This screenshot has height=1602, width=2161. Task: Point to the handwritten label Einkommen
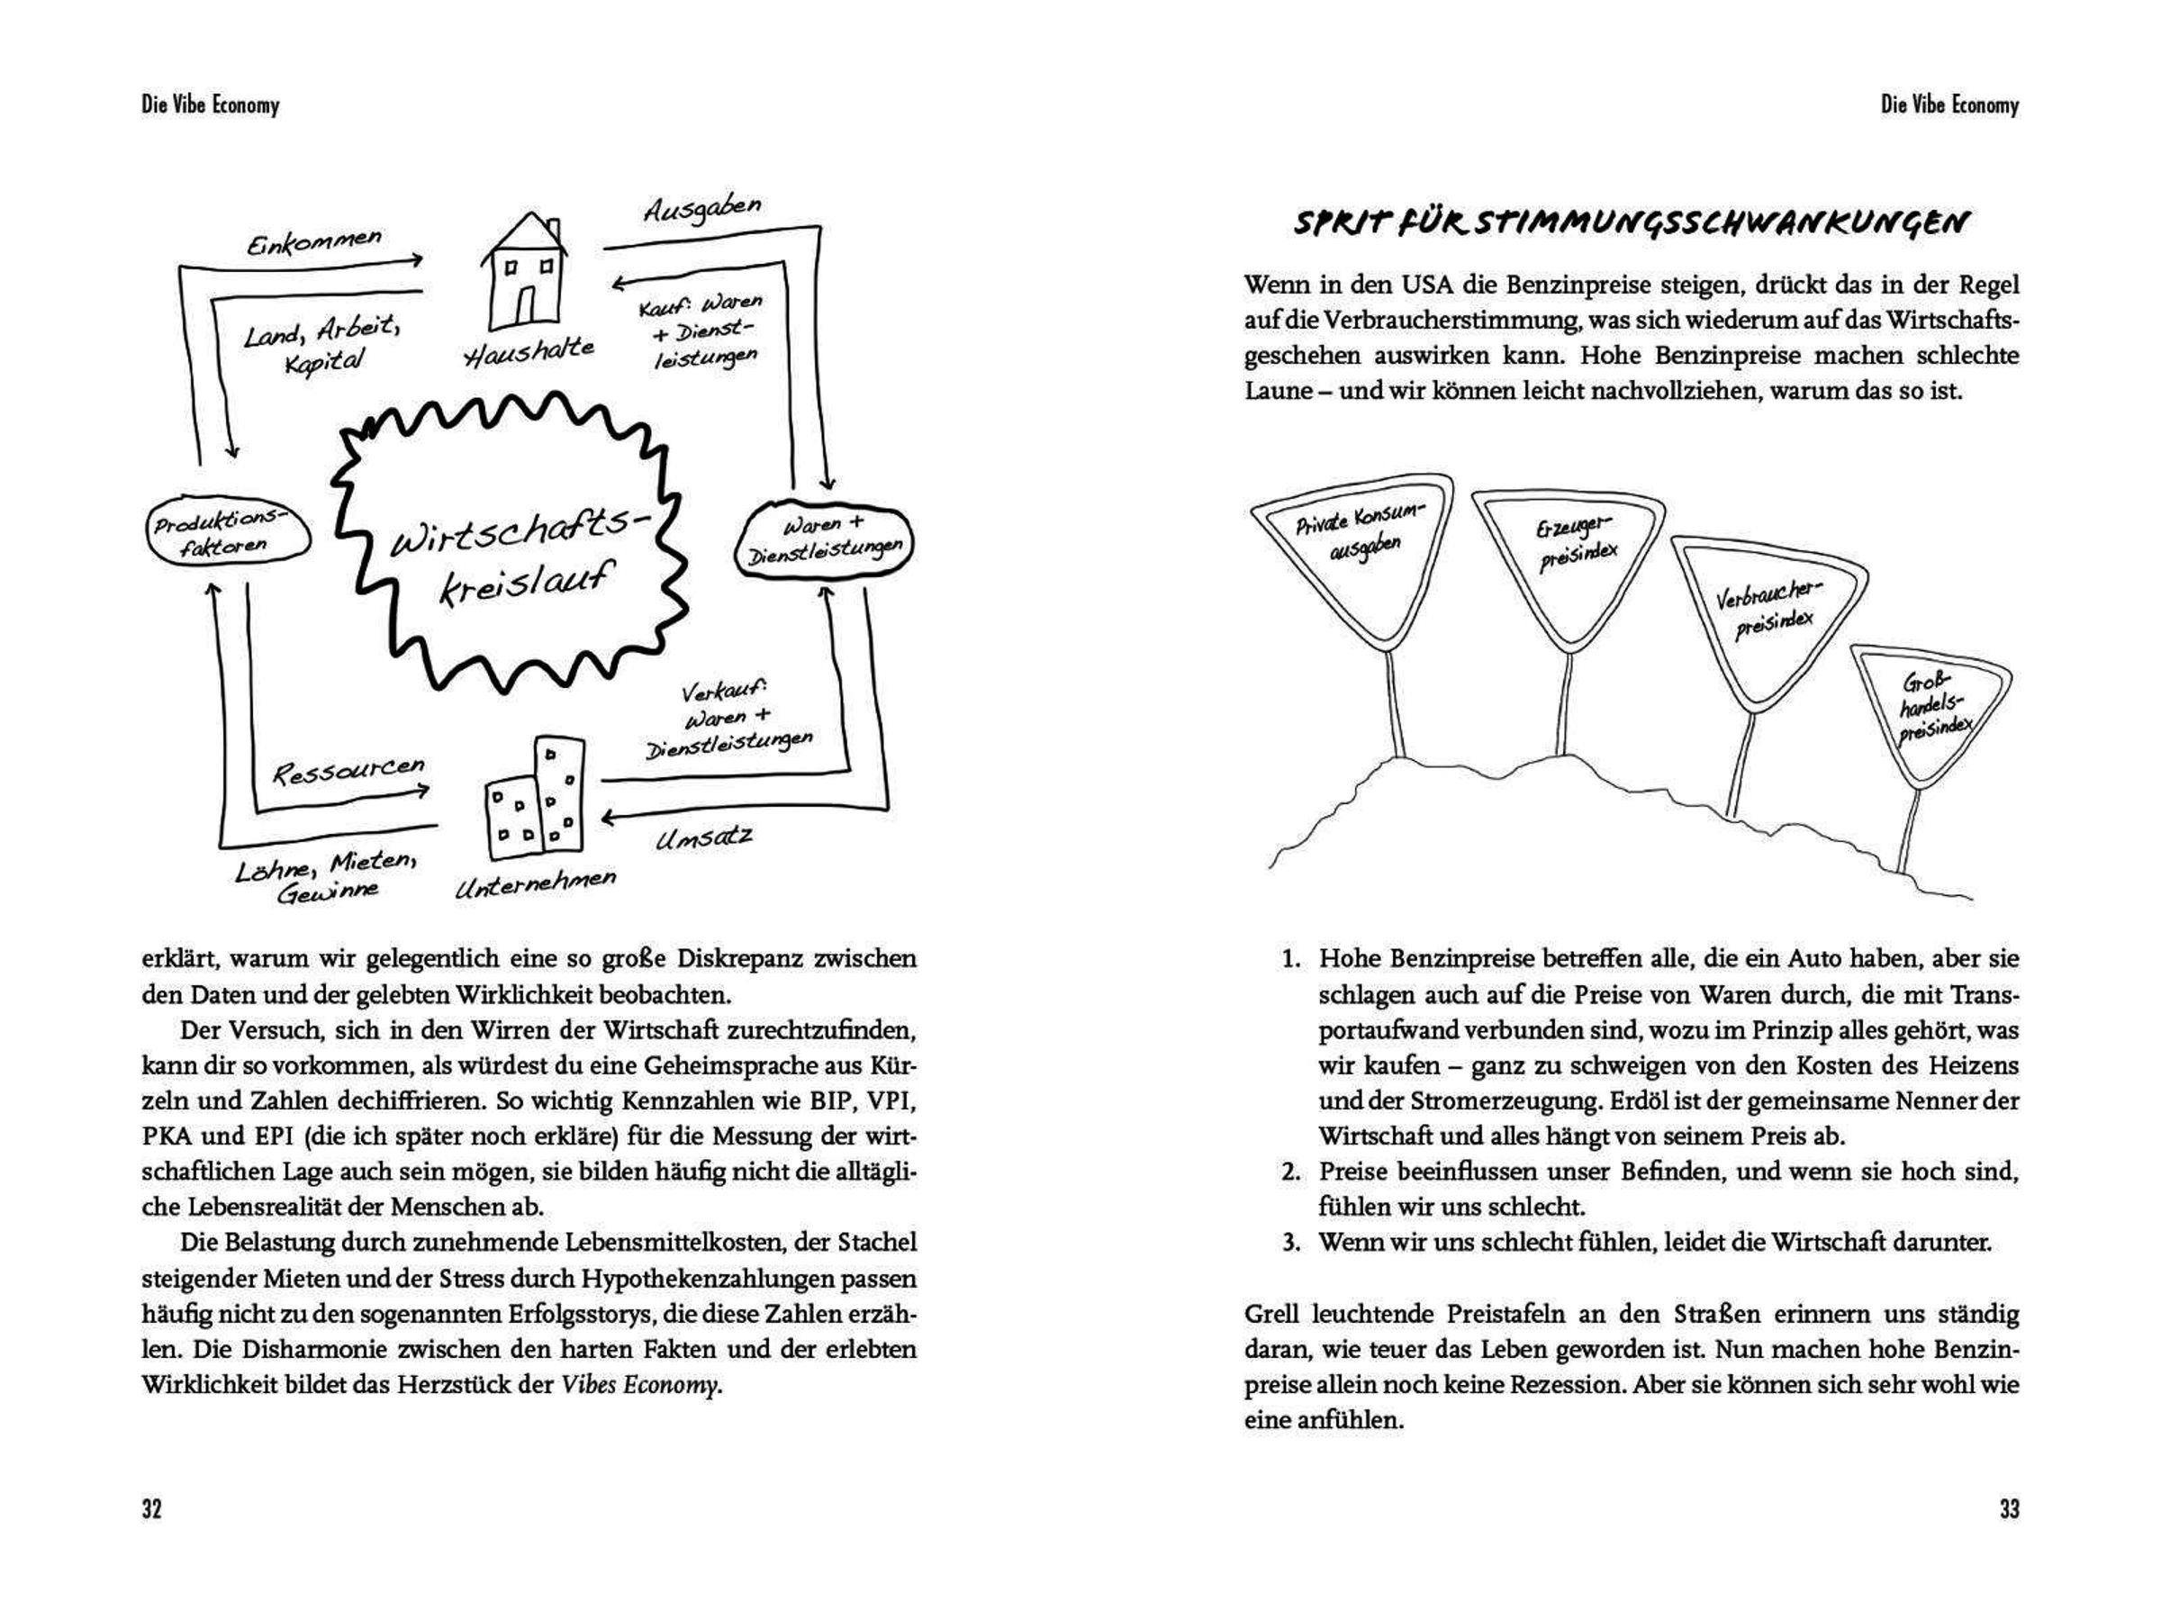[314, 241]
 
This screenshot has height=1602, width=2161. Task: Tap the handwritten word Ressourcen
[348, 770]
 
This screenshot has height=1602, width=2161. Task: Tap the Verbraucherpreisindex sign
[1768, 617]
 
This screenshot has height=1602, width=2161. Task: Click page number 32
[151, 1509]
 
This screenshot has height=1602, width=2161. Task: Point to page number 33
[2009, 1509]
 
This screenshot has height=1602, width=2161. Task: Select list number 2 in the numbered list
[1290, 1172]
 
